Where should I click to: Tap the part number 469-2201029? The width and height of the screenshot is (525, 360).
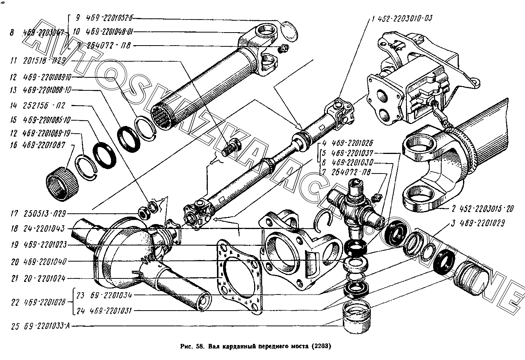pyautogui.click(x=486, y=223)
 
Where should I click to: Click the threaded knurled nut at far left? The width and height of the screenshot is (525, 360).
pyautogui.click(x=62, y=183)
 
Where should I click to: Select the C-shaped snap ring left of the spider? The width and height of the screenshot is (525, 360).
pyautogui.click(x=324, y=222)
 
